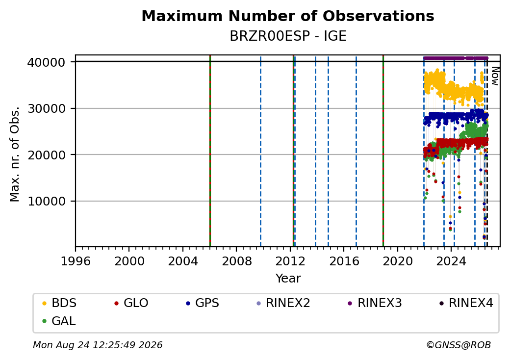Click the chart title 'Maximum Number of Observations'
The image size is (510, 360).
[x=288, y=16]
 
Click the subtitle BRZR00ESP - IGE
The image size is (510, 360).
[x=288, y=36]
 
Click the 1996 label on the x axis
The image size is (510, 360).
[x=76, y=261]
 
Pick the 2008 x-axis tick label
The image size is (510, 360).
[x=236, y=261]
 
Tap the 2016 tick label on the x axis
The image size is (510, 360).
[x=344, y=261]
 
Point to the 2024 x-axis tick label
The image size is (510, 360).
[x=451, y=261]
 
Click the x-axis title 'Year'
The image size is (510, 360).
[x=288, y=279]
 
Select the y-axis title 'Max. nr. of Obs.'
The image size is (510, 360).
[x=15, y=154]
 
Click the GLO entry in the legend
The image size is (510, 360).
[x=131, y=303]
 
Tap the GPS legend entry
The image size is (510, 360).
[x=203, y=303]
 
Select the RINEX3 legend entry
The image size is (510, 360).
[x=375, y=303]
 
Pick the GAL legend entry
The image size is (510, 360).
[x=59, y=321]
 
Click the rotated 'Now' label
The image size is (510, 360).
[x=495, y=76]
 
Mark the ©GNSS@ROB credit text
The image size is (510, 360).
[x=459, y=345]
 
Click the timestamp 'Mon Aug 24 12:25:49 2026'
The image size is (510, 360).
[x=98, y=345]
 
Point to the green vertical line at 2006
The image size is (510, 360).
[x=210, y=151]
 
